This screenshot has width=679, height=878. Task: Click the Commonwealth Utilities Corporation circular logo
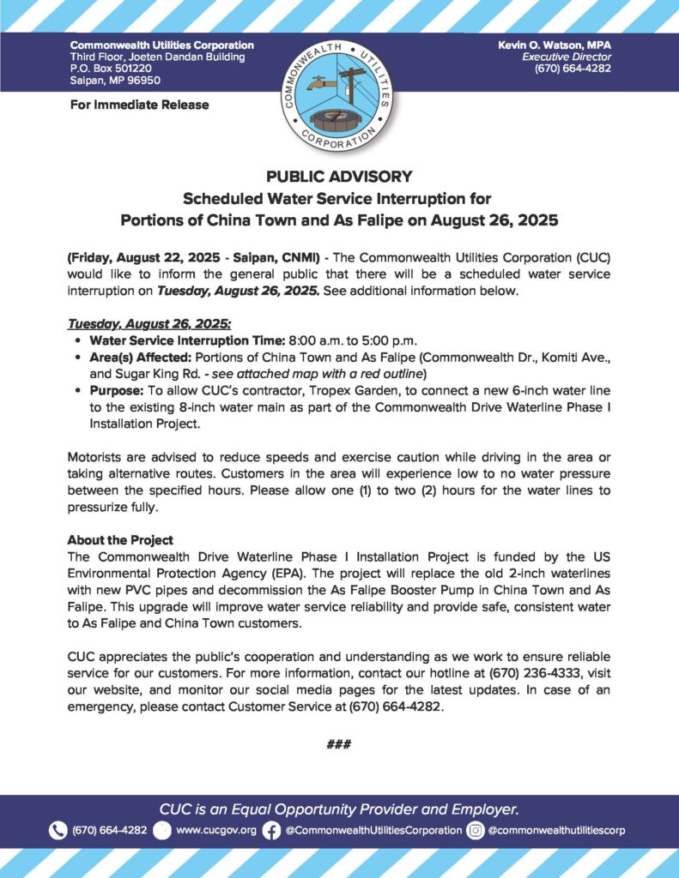click(x=338, y=96)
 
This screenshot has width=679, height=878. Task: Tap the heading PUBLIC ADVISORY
click(x=339, y=177)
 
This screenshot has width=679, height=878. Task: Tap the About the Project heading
click(x=120, y=540)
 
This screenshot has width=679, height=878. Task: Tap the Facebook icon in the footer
click(x=271, y=830)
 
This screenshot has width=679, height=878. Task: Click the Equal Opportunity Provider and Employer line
click(x=339, y=809)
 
